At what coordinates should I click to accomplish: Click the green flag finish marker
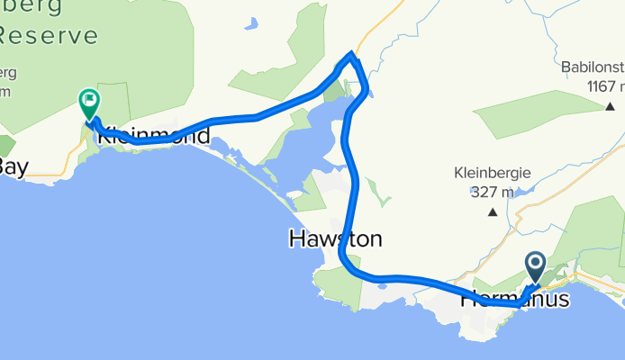[x=90, y=102]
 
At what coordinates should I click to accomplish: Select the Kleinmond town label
[x=153, y=138]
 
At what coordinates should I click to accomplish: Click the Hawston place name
[x=335, y=239]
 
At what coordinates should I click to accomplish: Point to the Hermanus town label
[x=515, y=298]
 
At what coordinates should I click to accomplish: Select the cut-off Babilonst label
[x=592, y=67]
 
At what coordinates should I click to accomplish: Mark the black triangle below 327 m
[x=493, y=213]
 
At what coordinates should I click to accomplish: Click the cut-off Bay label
[x=13, y=166]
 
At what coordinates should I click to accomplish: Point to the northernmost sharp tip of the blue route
[x=352, y=56]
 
